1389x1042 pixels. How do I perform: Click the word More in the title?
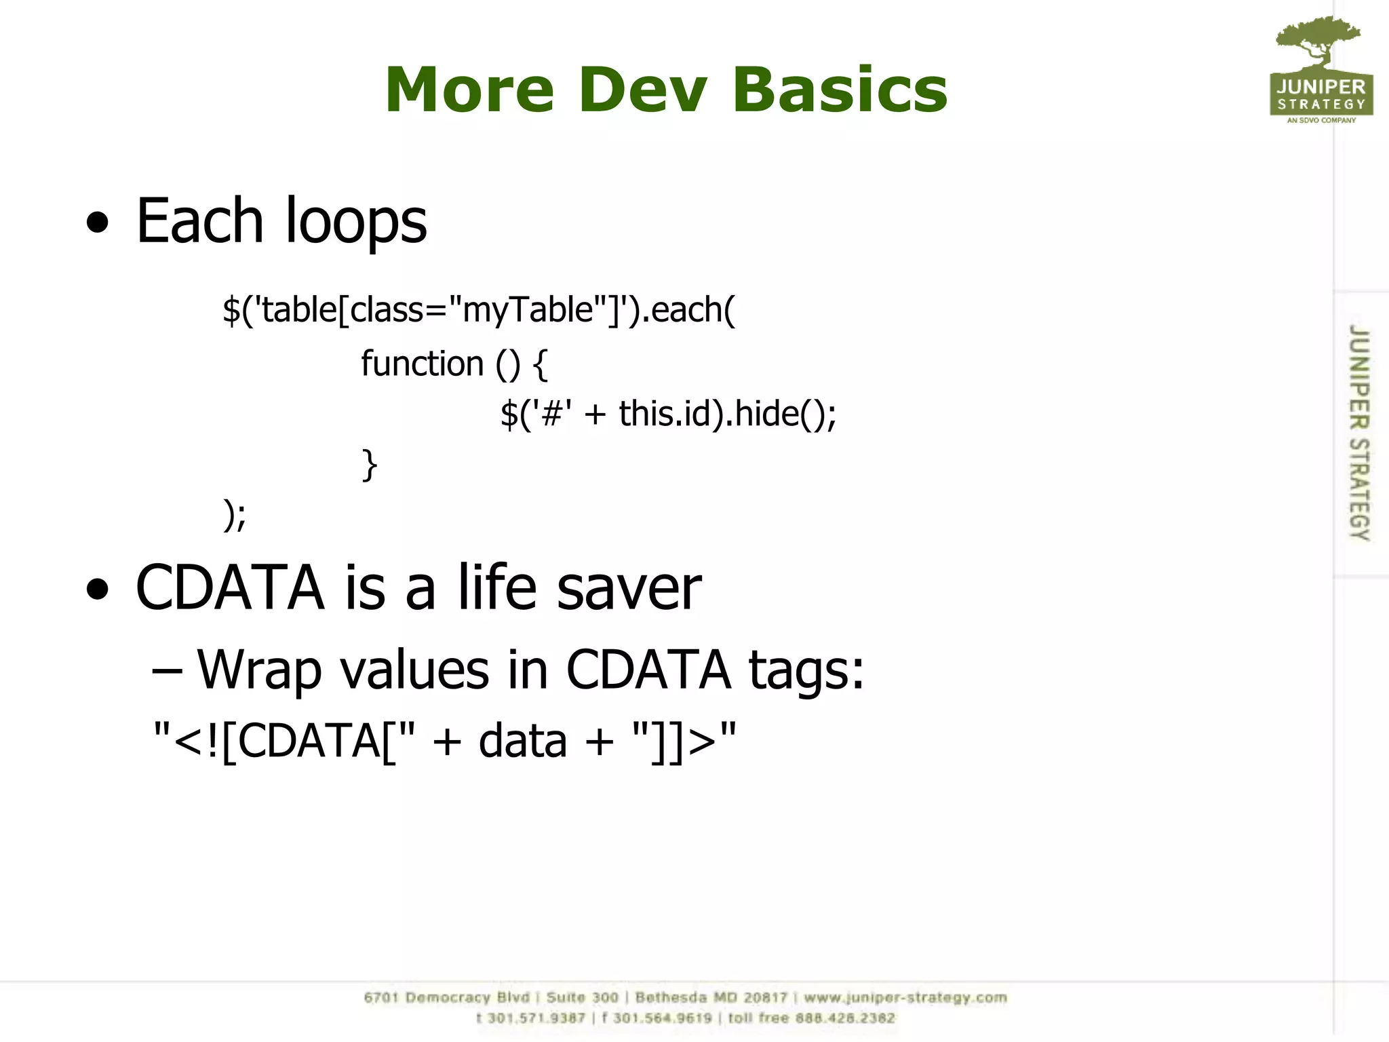470,90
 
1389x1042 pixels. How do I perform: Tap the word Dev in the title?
643,90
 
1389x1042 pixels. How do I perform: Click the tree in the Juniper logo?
1318,42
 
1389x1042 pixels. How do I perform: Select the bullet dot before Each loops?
98,222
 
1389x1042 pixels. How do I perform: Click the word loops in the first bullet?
355,222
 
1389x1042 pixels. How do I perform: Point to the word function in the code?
422,364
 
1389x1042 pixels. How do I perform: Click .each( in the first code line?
688,310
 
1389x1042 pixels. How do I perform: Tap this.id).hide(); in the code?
727,414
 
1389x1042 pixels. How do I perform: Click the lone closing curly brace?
369,465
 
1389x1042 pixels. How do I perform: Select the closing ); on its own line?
235,516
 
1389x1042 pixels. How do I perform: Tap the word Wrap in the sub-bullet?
258,670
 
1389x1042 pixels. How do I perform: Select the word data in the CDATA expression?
522,741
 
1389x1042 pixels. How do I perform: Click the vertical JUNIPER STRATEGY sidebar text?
1358,432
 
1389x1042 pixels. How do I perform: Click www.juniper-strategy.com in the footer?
905,998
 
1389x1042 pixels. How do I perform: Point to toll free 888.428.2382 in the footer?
811,1018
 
